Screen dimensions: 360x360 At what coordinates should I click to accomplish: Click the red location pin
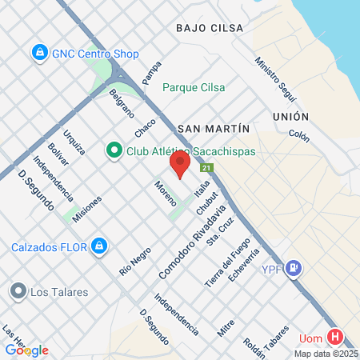pyautogui.click(x=179, y=164)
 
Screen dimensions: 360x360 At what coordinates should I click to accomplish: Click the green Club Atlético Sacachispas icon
pyautogui.click(x=114, y=150)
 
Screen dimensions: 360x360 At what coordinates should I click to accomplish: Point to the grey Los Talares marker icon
pyautogui.click(x=17, y=291)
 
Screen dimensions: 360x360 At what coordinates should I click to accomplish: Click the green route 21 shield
pyautogui.click(x=206, y=168)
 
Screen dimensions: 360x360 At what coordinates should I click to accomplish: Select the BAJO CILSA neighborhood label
pyautogui.click(x=210, y=27)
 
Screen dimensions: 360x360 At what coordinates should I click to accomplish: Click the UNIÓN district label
pyautogui.click(x=290, y=116)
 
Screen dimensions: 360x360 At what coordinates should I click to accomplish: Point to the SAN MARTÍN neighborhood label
pyautogui.click(x=214, y=128)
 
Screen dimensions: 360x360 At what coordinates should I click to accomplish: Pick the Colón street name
pyautogui.click(x=298, y=137)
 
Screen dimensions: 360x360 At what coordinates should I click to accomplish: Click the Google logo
pyautogui.click(x=26, y=350)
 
